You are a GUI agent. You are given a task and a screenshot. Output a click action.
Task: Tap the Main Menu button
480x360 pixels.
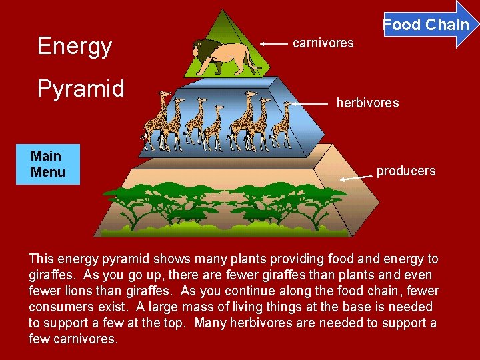point(48,164)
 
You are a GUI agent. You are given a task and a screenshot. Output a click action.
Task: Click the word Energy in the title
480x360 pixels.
point(75,46)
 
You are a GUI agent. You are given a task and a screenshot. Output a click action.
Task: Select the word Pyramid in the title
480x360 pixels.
point(81,89)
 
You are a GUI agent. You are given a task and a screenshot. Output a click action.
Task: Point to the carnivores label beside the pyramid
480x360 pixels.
point(323,43)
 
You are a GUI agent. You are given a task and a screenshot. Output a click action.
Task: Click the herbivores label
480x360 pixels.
point(367,103)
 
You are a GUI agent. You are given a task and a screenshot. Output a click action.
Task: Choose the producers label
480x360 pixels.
point(405,171)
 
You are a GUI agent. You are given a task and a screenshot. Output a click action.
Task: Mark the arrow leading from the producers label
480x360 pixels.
point(356,177)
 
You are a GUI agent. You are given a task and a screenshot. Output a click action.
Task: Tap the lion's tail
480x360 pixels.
point(250,63)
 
